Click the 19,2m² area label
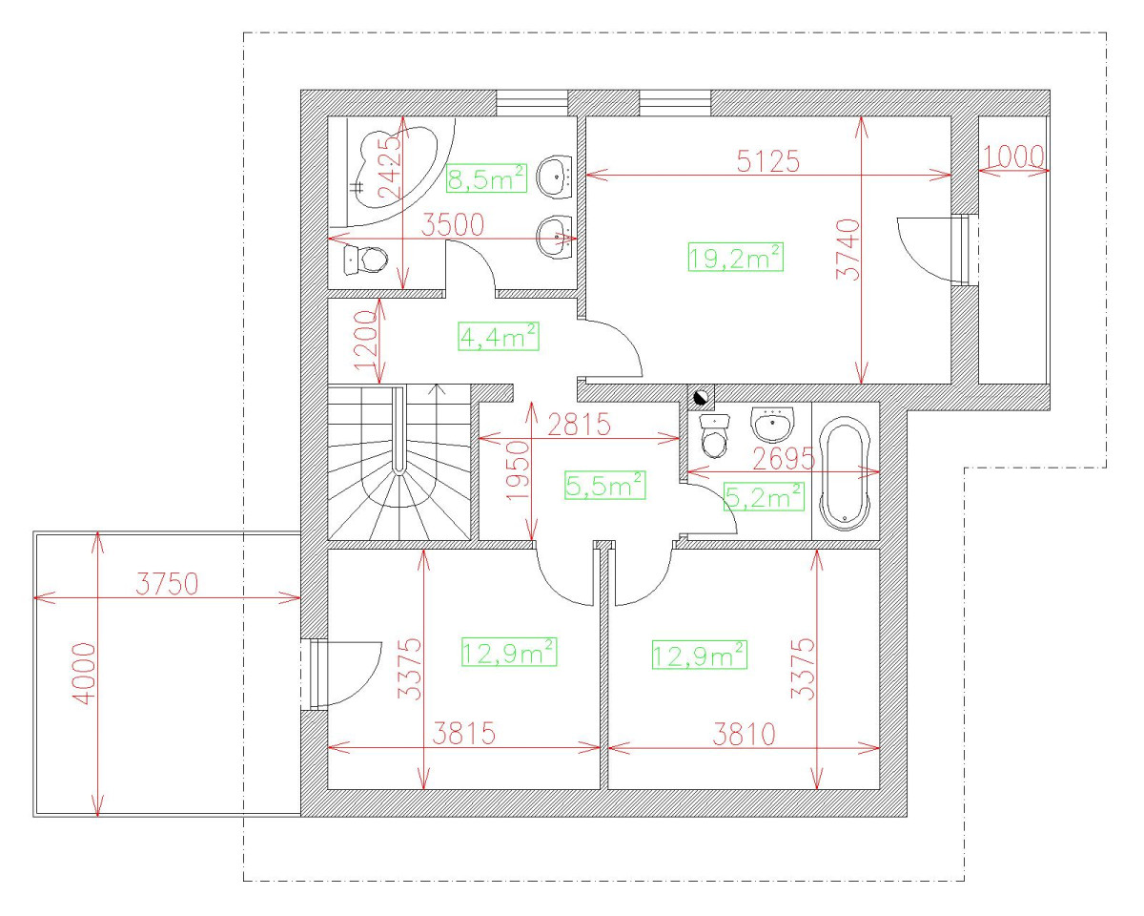736,257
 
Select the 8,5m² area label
486,178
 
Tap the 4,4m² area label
499,336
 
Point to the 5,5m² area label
605,485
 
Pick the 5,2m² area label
764,496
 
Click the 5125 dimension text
768,160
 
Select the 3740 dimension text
848,249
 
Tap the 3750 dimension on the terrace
167,583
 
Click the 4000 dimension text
85,674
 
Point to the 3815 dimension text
463,733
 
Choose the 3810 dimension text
744,734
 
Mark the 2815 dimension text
579,425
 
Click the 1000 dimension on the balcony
1012,156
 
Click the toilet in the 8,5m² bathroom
365,260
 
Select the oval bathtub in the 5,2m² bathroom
845,473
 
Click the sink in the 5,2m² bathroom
773,425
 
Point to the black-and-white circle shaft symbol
702,397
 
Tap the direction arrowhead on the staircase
438,388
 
